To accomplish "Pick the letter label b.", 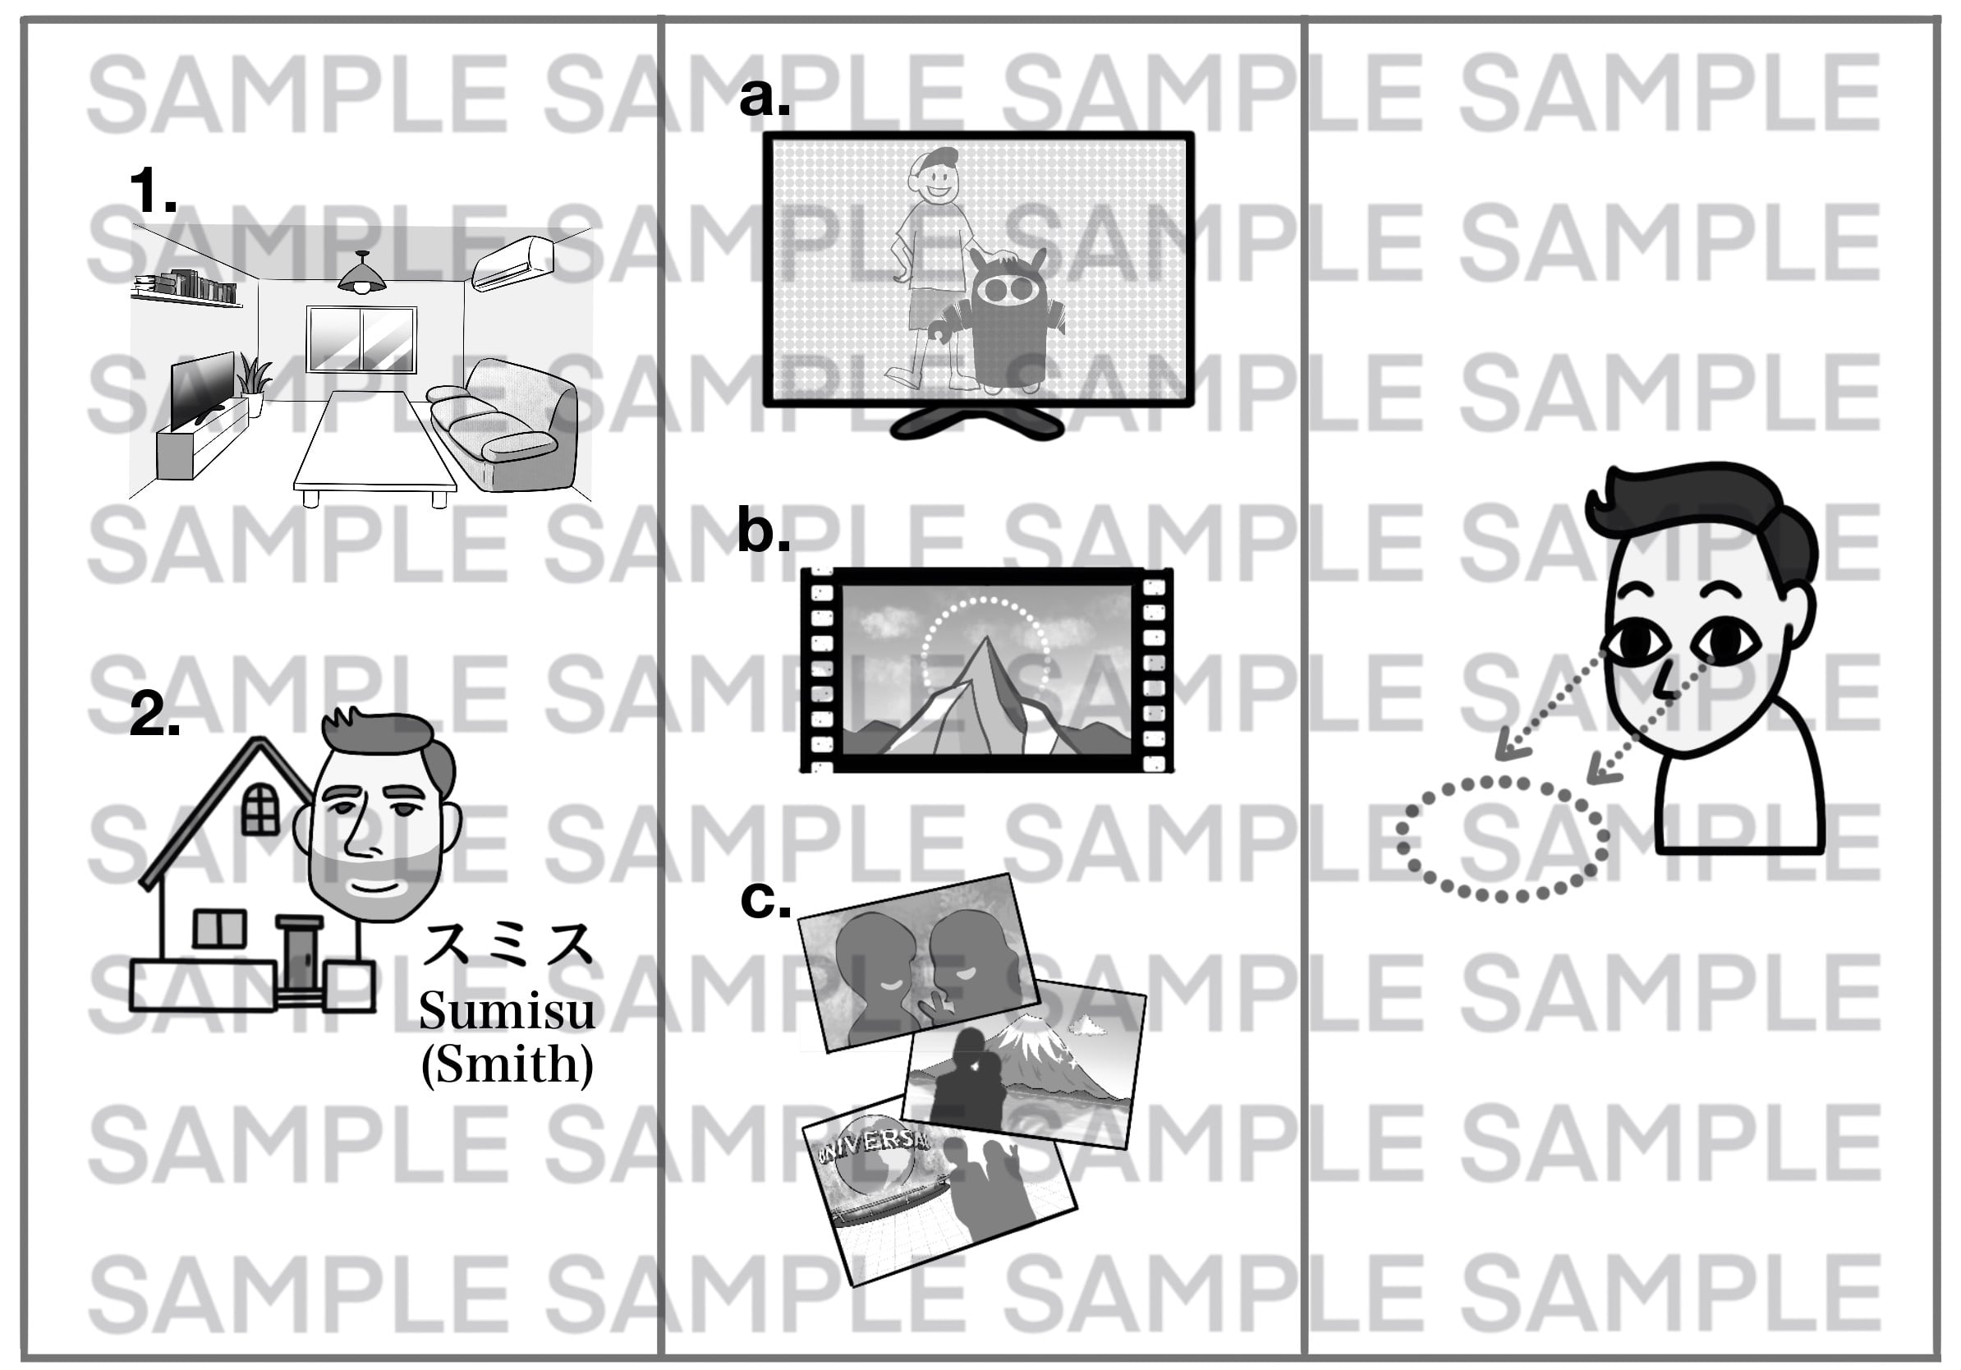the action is (x=764, y=531).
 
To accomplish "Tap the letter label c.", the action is (x=765, y=900).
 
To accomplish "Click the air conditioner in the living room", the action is (x=514, y=263).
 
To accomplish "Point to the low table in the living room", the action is (x=374, y=448).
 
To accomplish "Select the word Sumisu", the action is (x=507, y=1011).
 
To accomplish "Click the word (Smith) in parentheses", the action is (x=507, y=1064).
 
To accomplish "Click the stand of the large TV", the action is (x=977, y=422).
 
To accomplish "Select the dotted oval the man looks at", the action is (x=1502, y=839).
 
